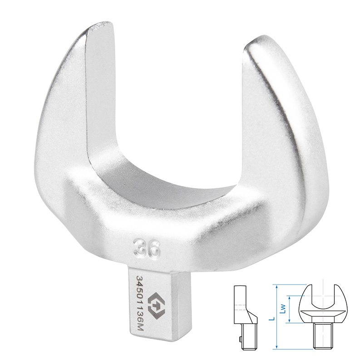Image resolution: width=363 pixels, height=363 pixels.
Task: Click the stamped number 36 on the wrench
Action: coord(147,249)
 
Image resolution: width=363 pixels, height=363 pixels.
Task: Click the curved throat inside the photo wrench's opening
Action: coord(167,185)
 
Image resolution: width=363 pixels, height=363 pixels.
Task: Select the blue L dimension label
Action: coord(273,319)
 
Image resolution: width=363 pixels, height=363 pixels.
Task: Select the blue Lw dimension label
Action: coord(283,309)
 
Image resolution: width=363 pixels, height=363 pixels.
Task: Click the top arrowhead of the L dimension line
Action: coord(276,286)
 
